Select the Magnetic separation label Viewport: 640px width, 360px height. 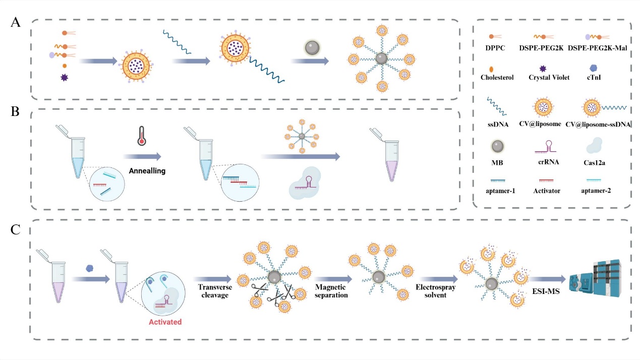(x=331, y=291)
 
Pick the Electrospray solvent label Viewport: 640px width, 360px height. (x=438, y=291)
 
